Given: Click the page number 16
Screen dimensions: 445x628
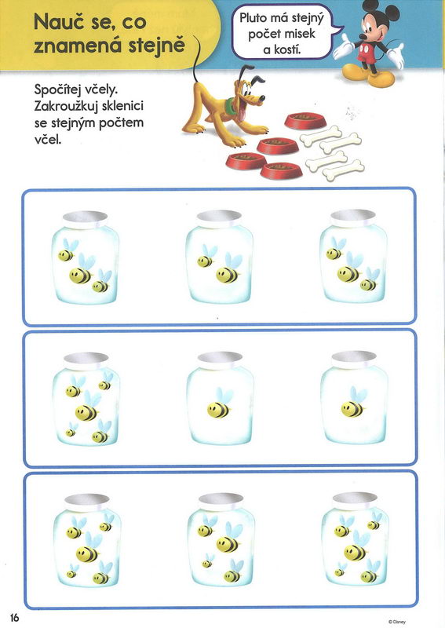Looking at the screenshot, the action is pyautogui.click(x=14, y=617).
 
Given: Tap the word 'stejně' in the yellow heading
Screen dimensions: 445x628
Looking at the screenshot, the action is pyautogui.click(x=157, y=46).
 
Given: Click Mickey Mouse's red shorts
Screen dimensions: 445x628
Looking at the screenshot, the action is pyautogui.click(x=366, y=53).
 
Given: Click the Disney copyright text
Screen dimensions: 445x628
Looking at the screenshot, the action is pyautogui.click(x=397, y=622).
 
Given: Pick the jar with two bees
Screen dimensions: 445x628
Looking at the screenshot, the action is pyautogui.click(x=219, y=257).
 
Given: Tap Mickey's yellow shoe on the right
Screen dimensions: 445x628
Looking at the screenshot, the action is pyautogui.click(x=381, y=78).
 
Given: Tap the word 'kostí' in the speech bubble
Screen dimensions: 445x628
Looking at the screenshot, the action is pyautogui.click(x=286, y=49).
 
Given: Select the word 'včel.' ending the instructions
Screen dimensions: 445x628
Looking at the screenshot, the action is pyautogui.click(x=48, y=140).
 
